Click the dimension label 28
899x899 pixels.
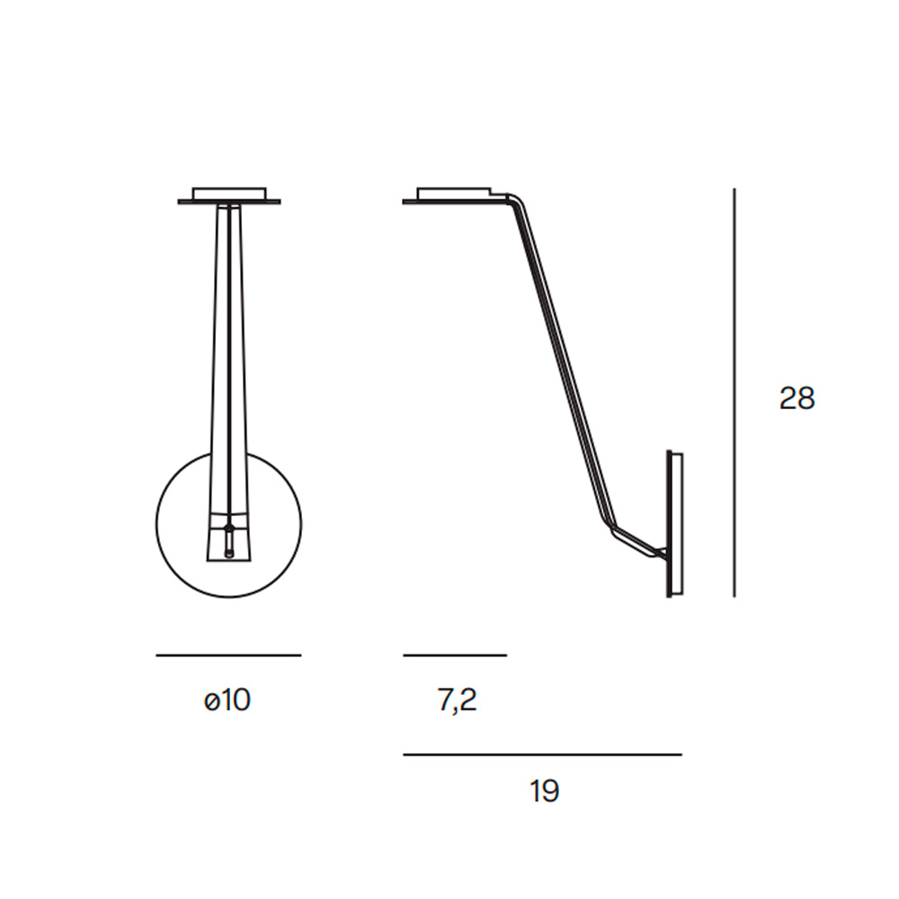[x=797, y=398]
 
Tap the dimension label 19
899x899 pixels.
[x=544, y=791]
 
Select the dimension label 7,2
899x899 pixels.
[x=457, y=700]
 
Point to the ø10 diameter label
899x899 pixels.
[x=227, y=700]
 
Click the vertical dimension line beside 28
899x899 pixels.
[x=734, y=393]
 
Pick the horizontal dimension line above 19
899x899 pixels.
[x=542, y=755]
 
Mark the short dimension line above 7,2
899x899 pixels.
[x=455, y=654]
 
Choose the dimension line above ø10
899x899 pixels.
[x=228, y=654]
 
